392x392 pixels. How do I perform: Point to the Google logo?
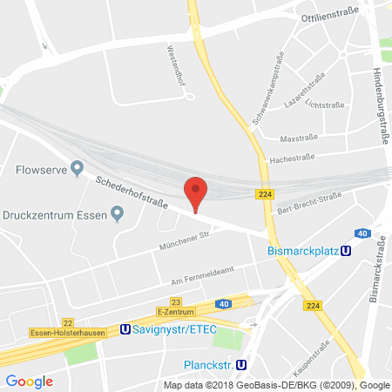coord(29,381)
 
